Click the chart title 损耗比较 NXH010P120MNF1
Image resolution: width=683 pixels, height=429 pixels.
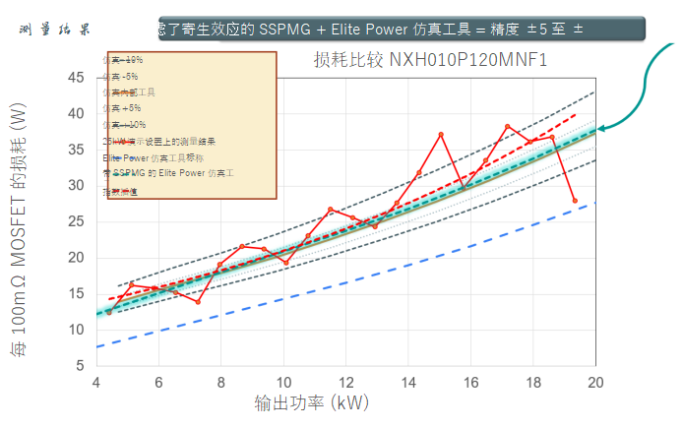click(x=430, y=61)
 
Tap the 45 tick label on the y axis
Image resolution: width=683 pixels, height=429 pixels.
click(x=77, y=77)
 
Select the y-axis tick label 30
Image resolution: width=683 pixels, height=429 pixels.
click(x=77, y=185)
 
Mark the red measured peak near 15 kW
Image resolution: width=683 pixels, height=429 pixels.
click(x=441, y=134)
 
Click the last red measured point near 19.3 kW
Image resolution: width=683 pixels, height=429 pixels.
click(x=575, y=201)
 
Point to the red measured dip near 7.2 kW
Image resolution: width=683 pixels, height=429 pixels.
click(x=198, y=301)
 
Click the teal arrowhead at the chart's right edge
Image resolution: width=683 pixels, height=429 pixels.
click(x=602, y=126)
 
